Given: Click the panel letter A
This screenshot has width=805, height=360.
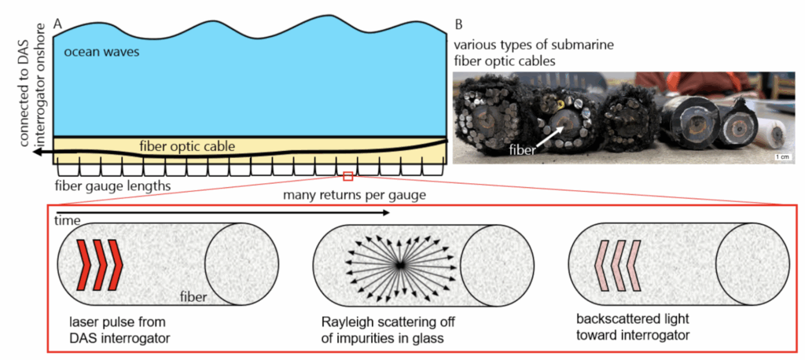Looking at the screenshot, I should pos(57,24).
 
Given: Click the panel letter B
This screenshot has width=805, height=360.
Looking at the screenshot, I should pos(458,24).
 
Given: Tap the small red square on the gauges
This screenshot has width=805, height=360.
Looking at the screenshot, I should pos(349,175).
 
